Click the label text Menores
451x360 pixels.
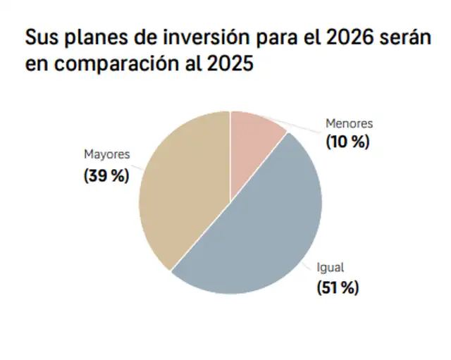click(x=348, y=123)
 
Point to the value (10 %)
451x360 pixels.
click(x=347, y=141)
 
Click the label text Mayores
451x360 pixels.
click(x=107, y=154)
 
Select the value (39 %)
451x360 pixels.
click(x=106, y=175)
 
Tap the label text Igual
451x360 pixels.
click(x=330, y=268)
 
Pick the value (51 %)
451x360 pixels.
click(x=337, y=287)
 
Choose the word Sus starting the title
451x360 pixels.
click(x=39, y=39)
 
